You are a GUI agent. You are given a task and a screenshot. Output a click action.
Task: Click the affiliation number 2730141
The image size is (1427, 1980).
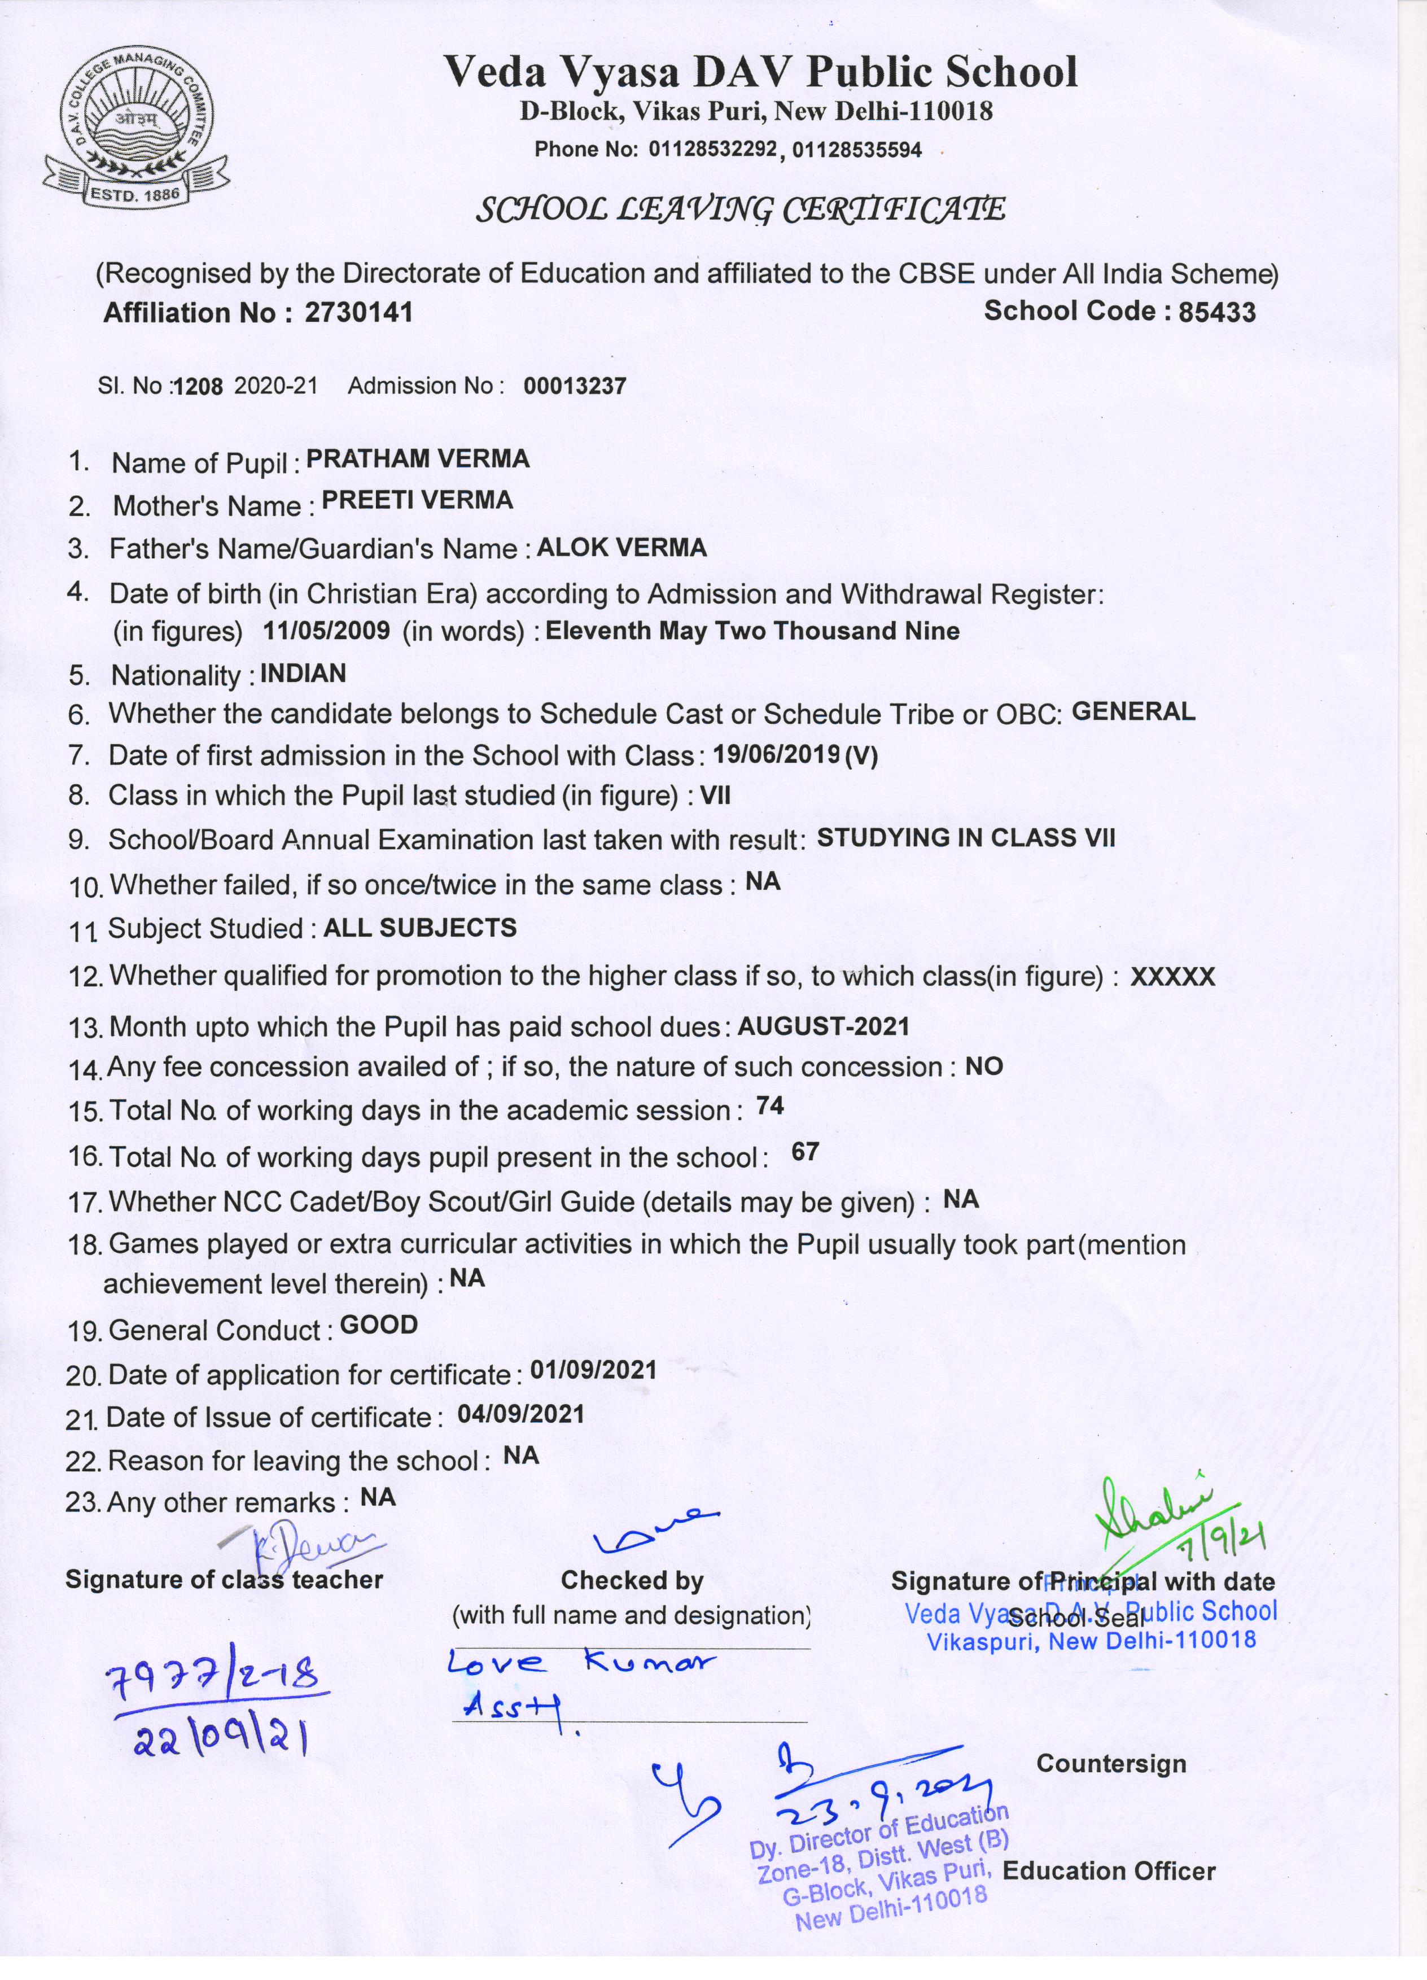[x=358, y=313]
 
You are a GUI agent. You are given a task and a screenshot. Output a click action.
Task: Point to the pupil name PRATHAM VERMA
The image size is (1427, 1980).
[x=418, y=459]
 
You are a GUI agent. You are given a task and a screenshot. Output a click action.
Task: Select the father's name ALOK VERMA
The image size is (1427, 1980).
[x=621, y=548]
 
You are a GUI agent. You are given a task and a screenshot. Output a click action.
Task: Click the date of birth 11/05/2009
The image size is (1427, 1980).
[x=326, y=631]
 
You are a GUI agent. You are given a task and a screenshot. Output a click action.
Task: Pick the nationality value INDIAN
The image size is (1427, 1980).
[x=303, y=673]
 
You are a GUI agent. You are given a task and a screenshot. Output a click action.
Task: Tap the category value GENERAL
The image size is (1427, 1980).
[x=1133, y=711]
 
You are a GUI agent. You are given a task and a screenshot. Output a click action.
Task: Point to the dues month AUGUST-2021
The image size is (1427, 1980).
[x=823, y=1026]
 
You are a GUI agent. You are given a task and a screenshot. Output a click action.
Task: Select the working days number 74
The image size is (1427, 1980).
[x=770, y=1107]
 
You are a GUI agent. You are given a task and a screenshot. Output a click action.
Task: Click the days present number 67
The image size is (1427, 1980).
[x=805, y=1152]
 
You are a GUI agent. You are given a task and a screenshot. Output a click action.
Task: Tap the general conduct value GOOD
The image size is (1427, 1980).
[x=379, y=1325]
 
